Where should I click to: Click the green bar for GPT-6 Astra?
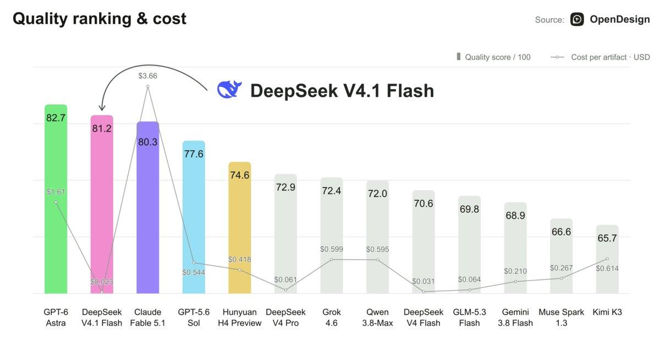[x=56, y=199]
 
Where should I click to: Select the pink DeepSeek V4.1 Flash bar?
[x=102, y=204]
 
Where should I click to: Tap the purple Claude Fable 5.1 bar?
[x=147, y=208]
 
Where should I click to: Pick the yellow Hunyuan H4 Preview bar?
[x=240, y=228]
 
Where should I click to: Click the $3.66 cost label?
[x=147, y=76]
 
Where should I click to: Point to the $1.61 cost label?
[x=56, y=192]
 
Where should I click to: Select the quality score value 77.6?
[x=194, y=154]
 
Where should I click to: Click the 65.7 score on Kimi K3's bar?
[x=607, y=238]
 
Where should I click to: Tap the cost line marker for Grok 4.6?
[x=332, y=259]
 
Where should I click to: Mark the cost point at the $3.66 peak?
[x=147, y=86]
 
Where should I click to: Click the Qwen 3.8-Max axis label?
[x=377, y=317]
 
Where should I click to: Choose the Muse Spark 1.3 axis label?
[x=562, y=317]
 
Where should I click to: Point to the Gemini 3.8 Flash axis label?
[x=515, y=317]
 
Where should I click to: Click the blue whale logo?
[x=229, y=89]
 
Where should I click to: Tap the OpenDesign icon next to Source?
[x=577, y=19]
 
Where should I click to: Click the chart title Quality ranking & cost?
[x=100, y=19]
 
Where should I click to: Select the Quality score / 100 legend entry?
[x=493, y=57]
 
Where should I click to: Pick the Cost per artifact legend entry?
[x=600, y=57]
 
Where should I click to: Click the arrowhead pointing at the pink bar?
[x=102, y=107]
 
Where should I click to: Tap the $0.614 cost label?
[x=607, y=268]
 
